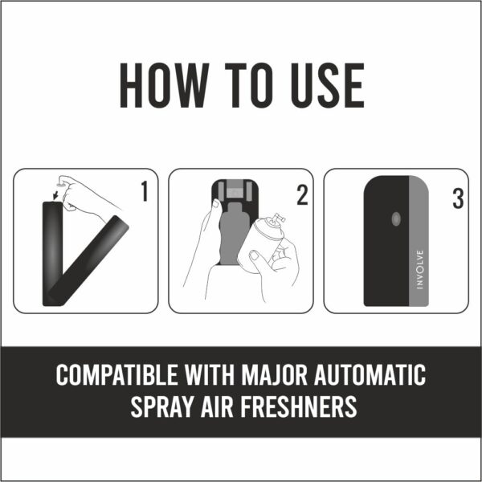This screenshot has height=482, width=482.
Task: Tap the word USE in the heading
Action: (321, 84)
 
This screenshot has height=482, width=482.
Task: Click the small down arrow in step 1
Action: (55, 194)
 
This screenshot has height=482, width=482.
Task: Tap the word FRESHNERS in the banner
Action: (300, 407)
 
